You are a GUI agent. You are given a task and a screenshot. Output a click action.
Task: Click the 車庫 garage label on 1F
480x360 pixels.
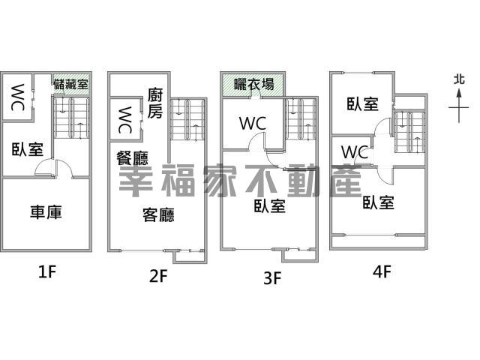tap(46, 212)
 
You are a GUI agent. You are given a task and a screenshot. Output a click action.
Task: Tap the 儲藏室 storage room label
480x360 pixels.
tap(70, 84)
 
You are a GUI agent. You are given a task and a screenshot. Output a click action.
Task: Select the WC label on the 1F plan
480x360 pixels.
tap(17, 97)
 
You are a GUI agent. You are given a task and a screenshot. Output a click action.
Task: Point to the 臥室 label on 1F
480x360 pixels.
tap(28, 149)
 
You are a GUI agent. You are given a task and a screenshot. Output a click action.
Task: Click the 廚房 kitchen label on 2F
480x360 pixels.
tap(155, 103)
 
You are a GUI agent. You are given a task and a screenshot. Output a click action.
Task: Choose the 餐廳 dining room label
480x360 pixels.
tap(132, 158)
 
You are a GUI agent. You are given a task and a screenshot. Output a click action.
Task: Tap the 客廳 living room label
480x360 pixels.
tap(158, 214)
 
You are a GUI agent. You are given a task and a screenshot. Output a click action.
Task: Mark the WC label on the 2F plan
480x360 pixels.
tap(125, 120)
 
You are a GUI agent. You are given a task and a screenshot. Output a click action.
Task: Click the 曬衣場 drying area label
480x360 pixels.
tap(254, 84)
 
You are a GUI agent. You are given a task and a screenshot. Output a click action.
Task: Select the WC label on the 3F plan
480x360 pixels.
tap(253, 124)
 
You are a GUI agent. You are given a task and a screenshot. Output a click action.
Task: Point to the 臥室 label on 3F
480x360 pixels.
tap(270, 206)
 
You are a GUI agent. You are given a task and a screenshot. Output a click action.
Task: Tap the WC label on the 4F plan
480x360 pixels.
tap(355, 151)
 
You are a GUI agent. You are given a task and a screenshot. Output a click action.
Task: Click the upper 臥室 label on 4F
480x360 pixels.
tap(363, 103)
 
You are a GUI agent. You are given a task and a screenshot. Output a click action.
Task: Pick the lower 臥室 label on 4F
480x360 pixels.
tap(378, 202)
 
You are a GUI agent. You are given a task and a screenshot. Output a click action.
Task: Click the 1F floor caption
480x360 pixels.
tap(47, 271)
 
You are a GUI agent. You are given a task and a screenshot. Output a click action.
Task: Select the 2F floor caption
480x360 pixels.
tap(158, 276)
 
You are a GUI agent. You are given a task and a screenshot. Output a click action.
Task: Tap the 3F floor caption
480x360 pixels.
tap(272, 278)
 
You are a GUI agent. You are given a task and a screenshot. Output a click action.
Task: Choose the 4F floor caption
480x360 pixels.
tap(382, 271)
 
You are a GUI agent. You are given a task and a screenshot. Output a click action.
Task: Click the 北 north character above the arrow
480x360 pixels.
tap(459, 80)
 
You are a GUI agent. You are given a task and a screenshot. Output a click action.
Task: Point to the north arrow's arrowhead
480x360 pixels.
tap(459, 93)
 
